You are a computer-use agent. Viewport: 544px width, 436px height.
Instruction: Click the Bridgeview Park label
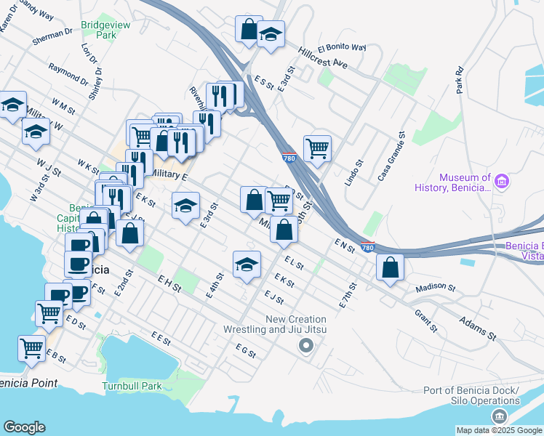click(x=99, y=29)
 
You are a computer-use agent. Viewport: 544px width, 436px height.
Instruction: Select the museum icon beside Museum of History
click(x=500, y=180)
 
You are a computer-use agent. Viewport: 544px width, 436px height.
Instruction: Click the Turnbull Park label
click(x=132, y=386)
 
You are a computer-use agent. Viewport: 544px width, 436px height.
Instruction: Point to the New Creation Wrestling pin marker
click(x=305, y=346)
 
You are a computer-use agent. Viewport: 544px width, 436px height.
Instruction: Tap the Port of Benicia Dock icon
click(x=499, y=416)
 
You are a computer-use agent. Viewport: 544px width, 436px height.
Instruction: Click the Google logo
click(x=24, y=427)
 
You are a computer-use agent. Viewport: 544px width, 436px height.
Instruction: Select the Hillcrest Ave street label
click(x=323, y=58)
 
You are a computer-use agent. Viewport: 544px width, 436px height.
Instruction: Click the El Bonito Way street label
click(x=341, y=47)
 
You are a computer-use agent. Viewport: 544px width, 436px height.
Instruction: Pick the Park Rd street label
click(x=459, y=81)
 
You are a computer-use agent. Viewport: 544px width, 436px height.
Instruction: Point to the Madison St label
click(x=435, y=288)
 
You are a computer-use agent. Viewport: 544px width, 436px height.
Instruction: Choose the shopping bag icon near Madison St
click(x=391, y=267)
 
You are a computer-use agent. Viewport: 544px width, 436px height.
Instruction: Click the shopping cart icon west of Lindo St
click(x=317, y=148)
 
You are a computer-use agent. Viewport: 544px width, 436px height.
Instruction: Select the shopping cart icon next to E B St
click(x=31, y=349)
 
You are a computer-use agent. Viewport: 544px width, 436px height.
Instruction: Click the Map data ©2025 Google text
click(x=498, y=430)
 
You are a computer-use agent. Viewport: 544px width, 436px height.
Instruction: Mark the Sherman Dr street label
click(x=53, y=37)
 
